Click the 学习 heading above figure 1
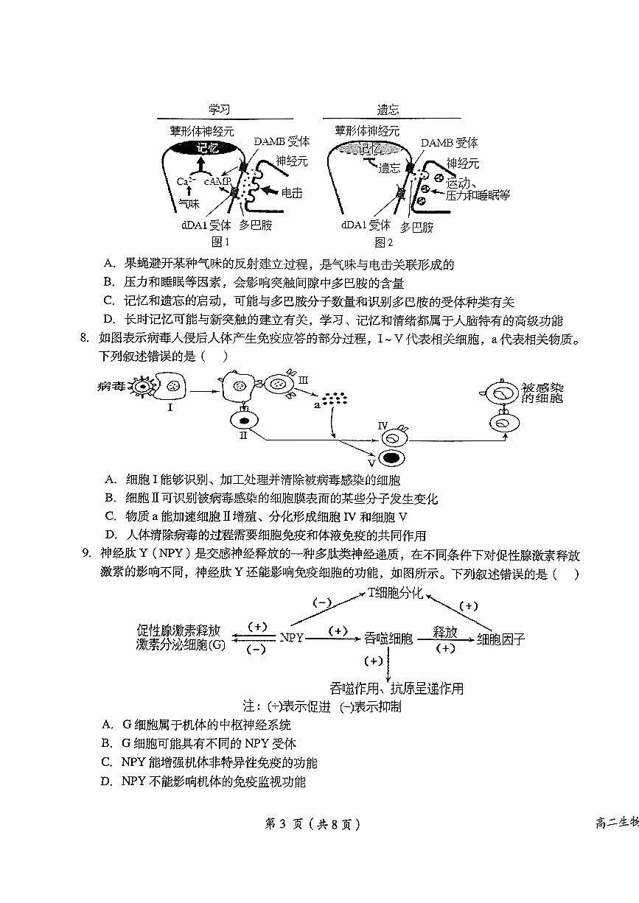click(219, 109)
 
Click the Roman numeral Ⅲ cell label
click(303, 377)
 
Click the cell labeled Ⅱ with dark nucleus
click(244, 419)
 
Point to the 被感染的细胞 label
click(543, 392)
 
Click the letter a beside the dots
click(317, 404)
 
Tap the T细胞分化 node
click(396, 594)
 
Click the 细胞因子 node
click(501, 639)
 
